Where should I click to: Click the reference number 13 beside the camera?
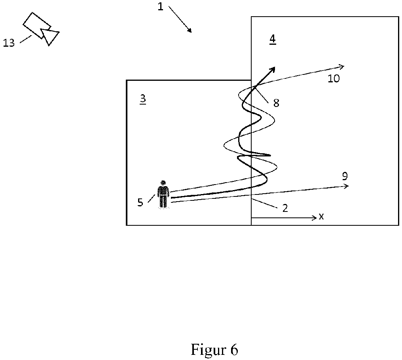[x=9, y=43]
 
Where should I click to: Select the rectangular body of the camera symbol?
[x=36, y=25]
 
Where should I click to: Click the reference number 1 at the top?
[x=160, y=7]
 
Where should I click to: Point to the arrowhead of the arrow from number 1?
[x=190, y=30]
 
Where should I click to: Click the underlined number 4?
[x=273, y=39]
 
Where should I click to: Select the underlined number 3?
[x=143, y=99]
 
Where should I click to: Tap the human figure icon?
[x=163, y=194]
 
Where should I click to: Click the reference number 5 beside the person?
[x=140, y=202]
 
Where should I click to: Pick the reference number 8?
[x=276, y=103]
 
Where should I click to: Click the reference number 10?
[x=334, y=78]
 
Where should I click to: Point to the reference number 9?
[x=345, y=176]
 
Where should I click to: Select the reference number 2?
[x=285, y=208]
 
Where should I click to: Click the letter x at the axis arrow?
[x=321, y=217]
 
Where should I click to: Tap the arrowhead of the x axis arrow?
[x=315, y=218]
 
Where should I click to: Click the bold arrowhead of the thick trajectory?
[x=272, y=69]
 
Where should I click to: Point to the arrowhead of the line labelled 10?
[x=341, y=67]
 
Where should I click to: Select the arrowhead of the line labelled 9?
[x=346, y=186]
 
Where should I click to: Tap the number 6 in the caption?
[x=234, y=349]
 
